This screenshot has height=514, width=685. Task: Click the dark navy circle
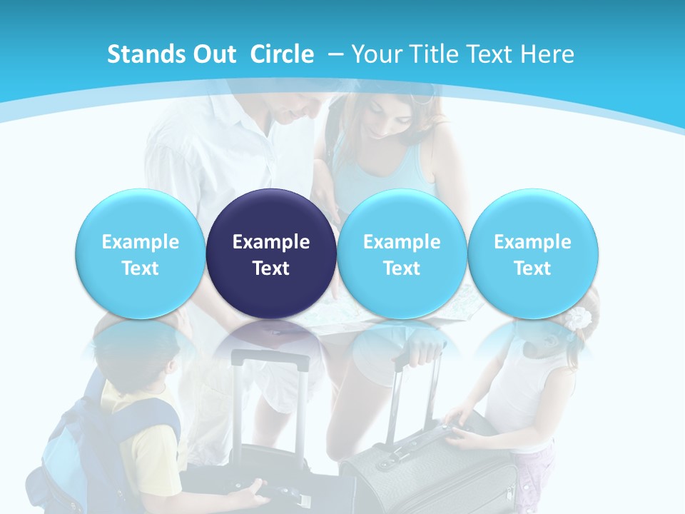tap(271, 254)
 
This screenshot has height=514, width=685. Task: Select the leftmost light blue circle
tap(140, 254)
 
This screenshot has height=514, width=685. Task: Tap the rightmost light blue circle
tap(532, 254)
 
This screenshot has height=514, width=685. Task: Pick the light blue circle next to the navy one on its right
tap(402, 254)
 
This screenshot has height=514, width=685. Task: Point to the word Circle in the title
tap(282, 54)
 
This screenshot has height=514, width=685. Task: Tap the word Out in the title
tap(215, 54)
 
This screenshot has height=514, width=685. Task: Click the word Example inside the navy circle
tap(271, 242)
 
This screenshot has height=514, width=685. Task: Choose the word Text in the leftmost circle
tap(140, 268)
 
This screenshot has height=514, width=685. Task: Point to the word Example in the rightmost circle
tap(532, 242)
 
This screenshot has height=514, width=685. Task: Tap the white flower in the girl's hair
tap(579, 318)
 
